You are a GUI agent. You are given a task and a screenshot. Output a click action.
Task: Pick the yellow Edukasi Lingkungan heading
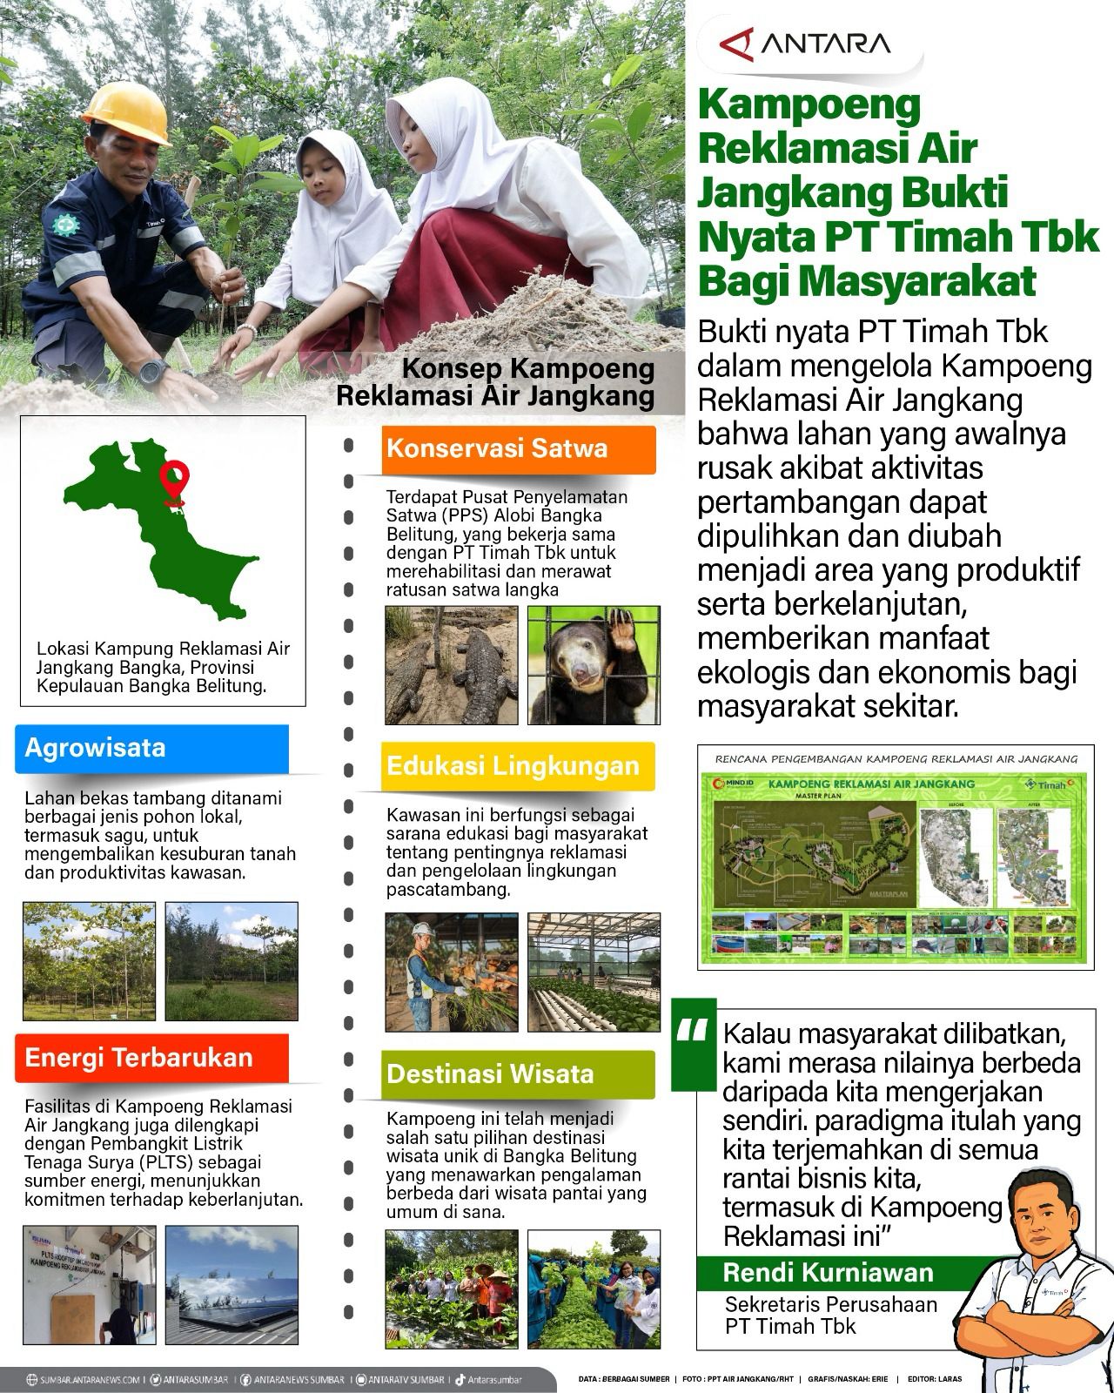(x=519, y=766)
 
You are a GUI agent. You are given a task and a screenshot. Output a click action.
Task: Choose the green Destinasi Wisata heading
(x=519, y=1073)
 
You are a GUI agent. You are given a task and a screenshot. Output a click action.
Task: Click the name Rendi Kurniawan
(x=827, y=1272)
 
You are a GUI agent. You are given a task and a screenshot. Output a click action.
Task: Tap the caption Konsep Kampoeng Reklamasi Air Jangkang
(x=495, y=382)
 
